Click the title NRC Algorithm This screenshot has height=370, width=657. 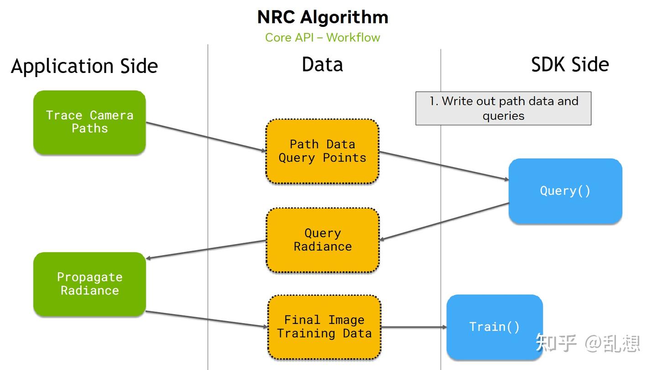pos(323,17)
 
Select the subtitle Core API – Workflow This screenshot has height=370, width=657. pos(323,37)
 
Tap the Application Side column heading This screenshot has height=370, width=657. pos(84,66)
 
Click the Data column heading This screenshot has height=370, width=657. pos(322,64)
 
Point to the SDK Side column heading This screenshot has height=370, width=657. pos(570,64)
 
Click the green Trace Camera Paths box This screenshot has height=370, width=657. pos(89,122)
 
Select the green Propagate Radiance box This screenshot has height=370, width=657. pos(89,284)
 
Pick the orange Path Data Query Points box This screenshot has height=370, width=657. pos(322,151)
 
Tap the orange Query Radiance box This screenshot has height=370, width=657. pos(322,240)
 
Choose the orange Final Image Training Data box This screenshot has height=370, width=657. pos(324,327)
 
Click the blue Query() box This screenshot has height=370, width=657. pos(565,191)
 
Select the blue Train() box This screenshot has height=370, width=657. pos(495,327)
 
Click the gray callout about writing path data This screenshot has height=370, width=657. pos(503,108)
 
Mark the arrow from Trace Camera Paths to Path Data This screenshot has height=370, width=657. pos(205,137)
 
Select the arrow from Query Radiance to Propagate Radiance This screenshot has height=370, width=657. pos(205,250)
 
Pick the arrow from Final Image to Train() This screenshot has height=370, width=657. pos(413,327)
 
